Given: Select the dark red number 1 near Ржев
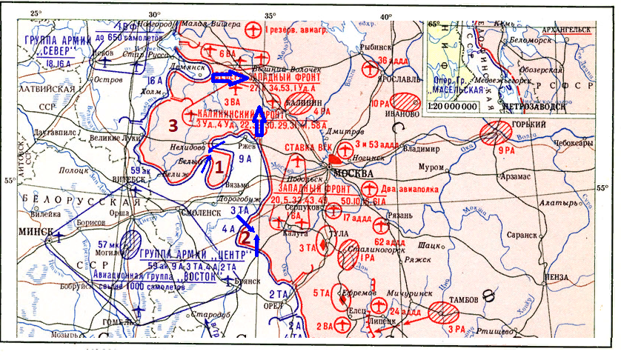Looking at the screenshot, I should (218, 168).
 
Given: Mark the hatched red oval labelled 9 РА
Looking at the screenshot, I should (494, 134).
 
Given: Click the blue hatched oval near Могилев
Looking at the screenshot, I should (133, 242).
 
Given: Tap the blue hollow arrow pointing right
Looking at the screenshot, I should (228, 76).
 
